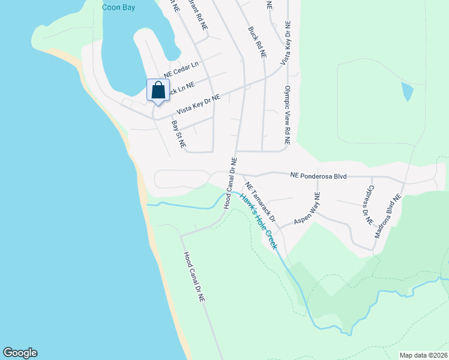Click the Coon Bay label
click(x=118, y=8)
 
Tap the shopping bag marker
click(x=158, y=91)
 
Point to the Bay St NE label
click(x=178, y=134)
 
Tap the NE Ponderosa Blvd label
click(x=318, y=175)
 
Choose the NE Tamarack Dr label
click(x=259, y=201)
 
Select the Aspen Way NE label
click(x=307, y=209)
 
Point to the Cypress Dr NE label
click(x=366, y=204)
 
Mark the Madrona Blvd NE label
click(x=387, y=216)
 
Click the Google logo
click(x=20, y=353)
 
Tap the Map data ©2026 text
click(x=423, y=355)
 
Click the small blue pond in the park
click(x=406, y=91)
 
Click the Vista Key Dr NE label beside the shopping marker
click(x=198, y=104)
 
